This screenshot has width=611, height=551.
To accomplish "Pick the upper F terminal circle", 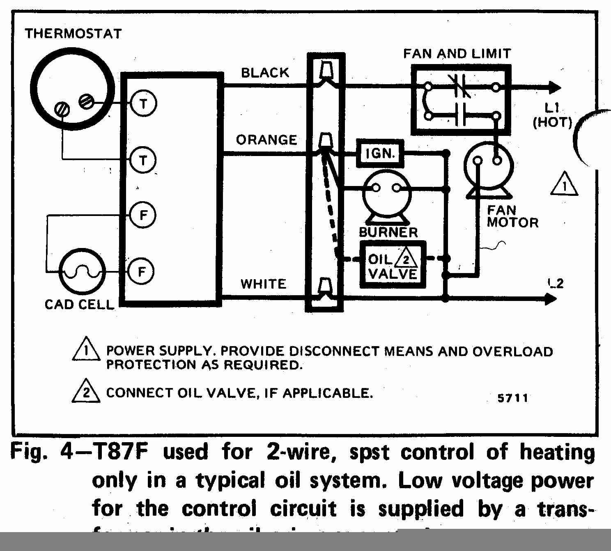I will pos(142,215).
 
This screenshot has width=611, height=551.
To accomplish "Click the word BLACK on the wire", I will pos(265,73).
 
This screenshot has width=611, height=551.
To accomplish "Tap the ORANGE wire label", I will pos(266,140).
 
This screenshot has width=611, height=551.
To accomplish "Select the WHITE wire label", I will pos(263,284).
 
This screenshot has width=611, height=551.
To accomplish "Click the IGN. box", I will pos(380,154).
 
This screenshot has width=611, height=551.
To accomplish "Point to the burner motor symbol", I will pos(386,193).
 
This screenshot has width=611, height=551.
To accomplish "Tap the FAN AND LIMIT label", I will pos(457,54).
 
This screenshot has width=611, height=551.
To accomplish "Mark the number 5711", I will pos(512,398).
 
